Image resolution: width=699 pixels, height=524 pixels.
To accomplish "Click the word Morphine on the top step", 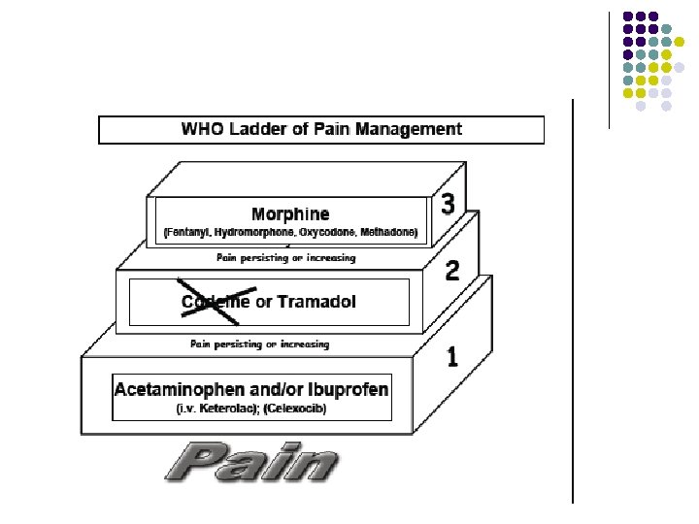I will pyautogui.click(x=290, y=214).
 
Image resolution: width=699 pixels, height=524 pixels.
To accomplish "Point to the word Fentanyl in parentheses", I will pyautogui.click(x=190, y=233).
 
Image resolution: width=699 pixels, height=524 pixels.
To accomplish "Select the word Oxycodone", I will pyautogui.click(x=331, y=233).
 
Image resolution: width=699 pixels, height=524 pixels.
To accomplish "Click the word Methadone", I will pyautogui.click(x=389, y=233).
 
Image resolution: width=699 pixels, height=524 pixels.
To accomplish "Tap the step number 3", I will pyautogui.click(x=447, y=205).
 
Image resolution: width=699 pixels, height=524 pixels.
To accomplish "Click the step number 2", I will pyautogui.click(x=452, y=269).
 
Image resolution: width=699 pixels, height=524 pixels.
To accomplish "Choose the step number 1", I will pyautogui.click(x=451, y=357).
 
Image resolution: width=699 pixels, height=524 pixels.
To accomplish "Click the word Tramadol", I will pyautogui.click(x=316, y=302).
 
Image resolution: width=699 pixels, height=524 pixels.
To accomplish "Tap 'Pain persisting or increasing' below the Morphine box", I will pyautogui.click(x=285, y=258).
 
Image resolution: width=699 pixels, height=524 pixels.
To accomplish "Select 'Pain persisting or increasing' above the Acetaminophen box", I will pyautogui.click(x=259, y=344).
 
